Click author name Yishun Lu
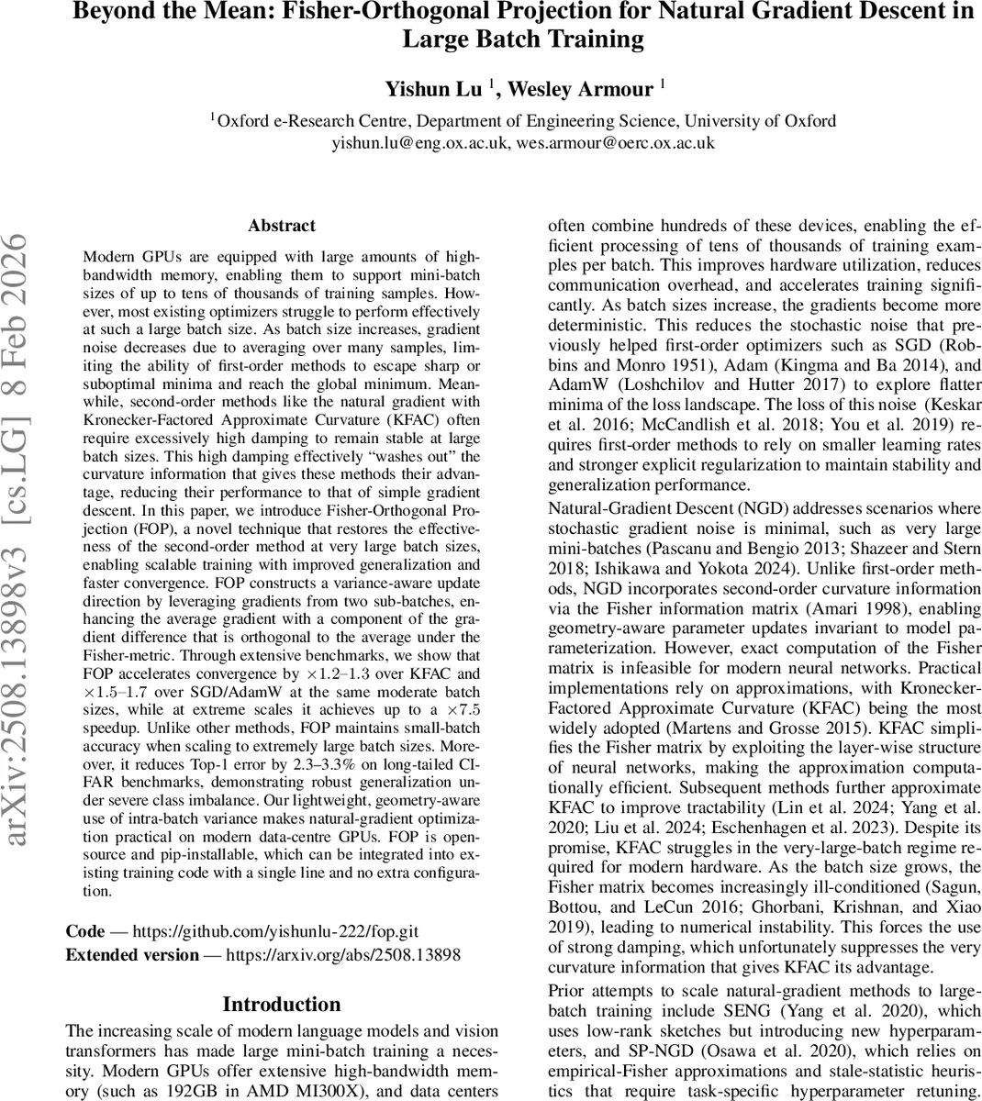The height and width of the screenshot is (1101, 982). point(434,89)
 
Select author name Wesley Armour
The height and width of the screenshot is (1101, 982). point(580,89)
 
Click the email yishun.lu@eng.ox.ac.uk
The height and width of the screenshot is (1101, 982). point(420,142)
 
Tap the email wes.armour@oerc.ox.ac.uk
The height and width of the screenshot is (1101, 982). point(615,142)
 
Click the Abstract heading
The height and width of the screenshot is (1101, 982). point(282,226)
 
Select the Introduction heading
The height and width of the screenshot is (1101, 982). point(282,1004)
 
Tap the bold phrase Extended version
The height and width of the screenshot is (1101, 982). point(132,955)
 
